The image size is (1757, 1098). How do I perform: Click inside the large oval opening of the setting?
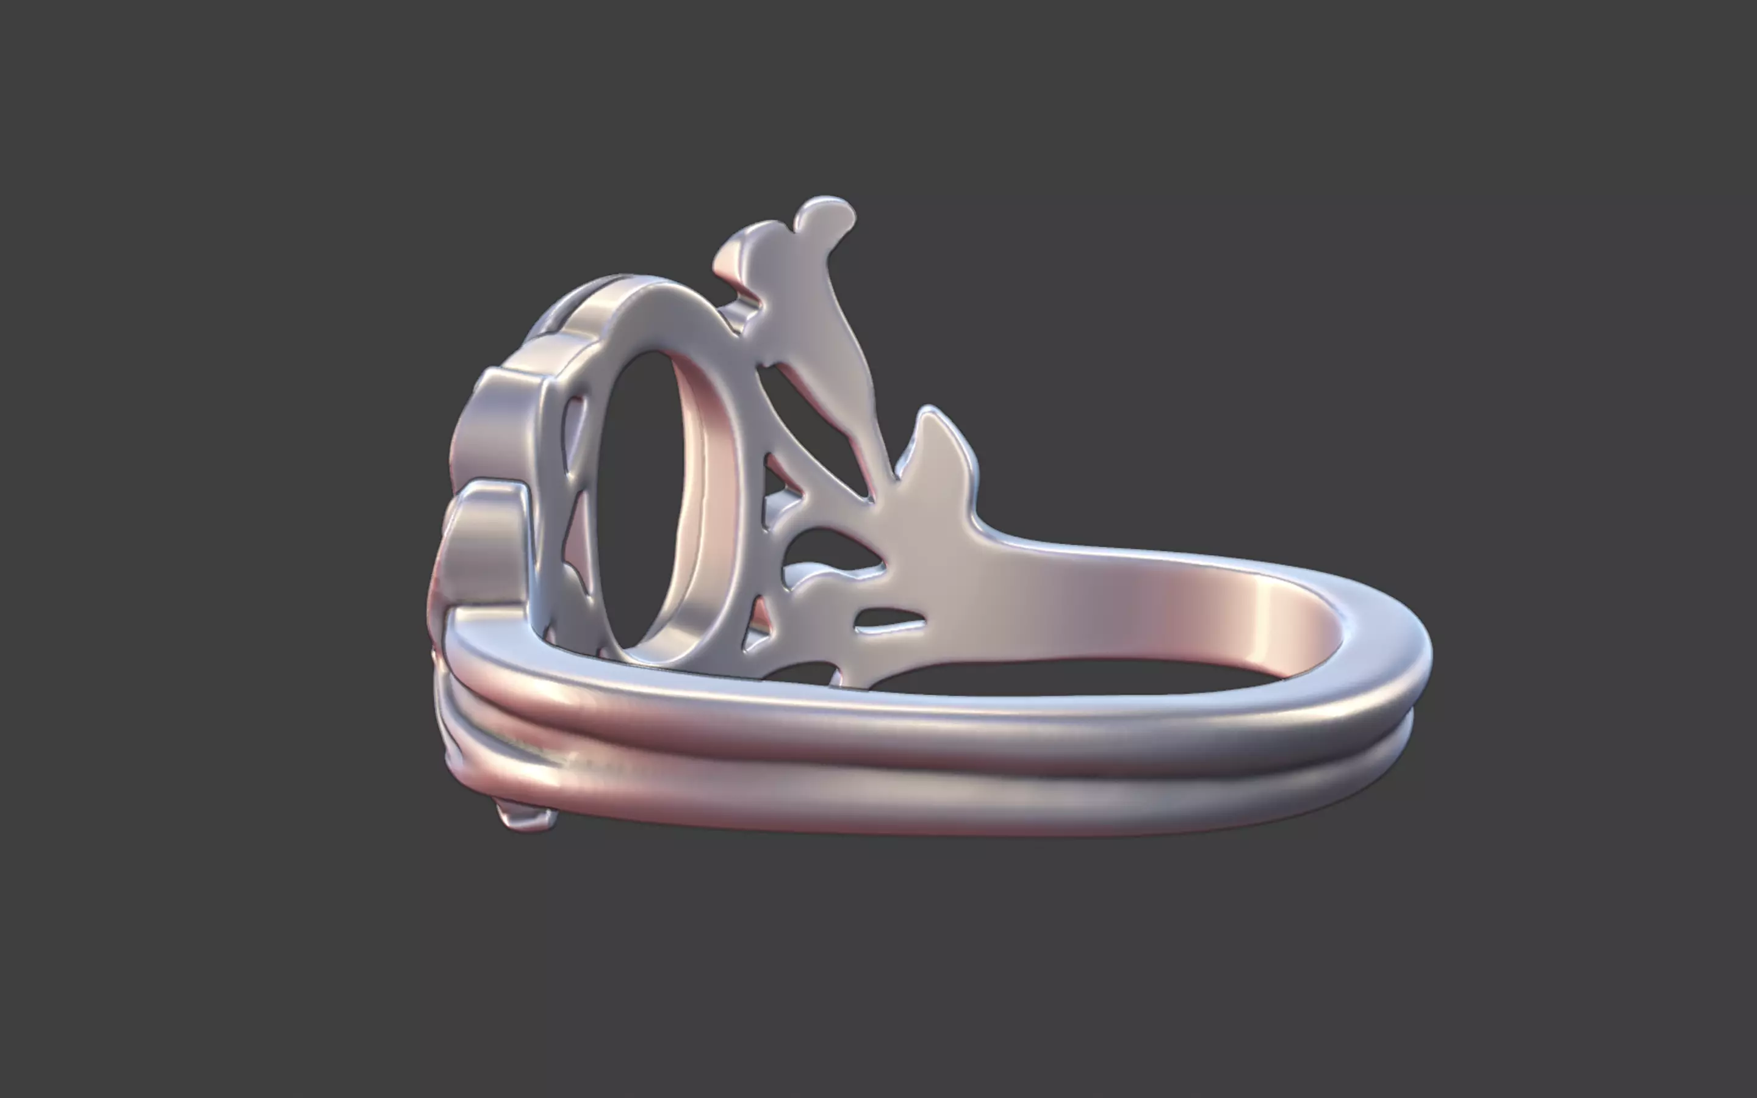pyautogui.click(x=639, y=501)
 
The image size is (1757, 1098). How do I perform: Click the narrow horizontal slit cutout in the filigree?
pyautogui.click(x=889, y=619)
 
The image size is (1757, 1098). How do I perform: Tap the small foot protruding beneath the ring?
pyautogui.click(x=526, y=817)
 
